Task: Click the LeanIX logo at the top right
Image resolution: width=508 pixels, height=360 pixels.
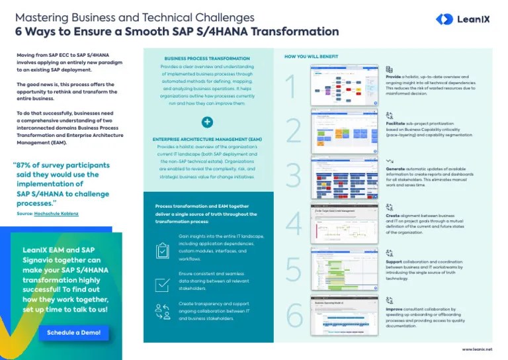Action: [462, 19]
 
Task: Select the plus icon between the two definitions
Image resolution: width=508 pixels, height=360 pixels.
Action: [207, 122]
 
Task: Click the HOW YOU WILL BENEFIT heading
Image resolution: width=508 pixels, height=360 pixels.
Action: [308, 57]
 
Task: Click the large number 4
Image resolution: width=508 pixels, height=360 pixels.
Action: [293, 223]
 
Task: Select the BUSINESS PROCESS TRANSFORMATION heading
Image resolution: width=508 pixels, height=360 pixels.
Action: [207, 59]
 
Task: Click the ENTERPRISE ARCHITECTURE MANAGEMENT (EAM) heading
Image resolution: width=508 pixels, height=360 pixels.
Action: [207, 139]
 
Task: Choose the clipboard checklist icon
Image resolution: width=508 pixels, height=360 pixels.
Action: [162, 250]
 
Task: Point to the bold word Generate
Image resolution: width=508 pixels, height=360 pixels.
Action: [397, 169]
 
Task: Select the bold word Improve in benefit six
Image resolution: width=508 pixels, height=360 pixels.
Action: [396, 308]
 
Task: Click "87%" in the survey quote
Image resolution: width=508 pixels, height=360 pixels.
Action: [28, 165]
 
